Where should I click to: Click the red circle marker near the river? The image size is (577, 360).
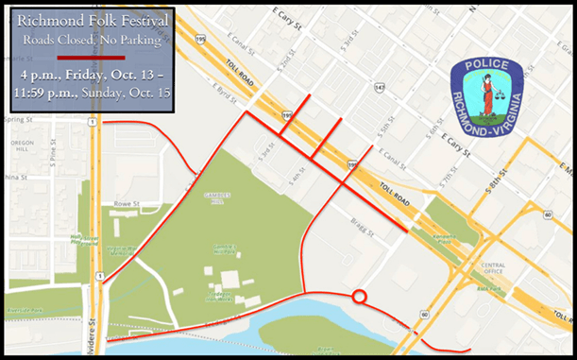point(359,298)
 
